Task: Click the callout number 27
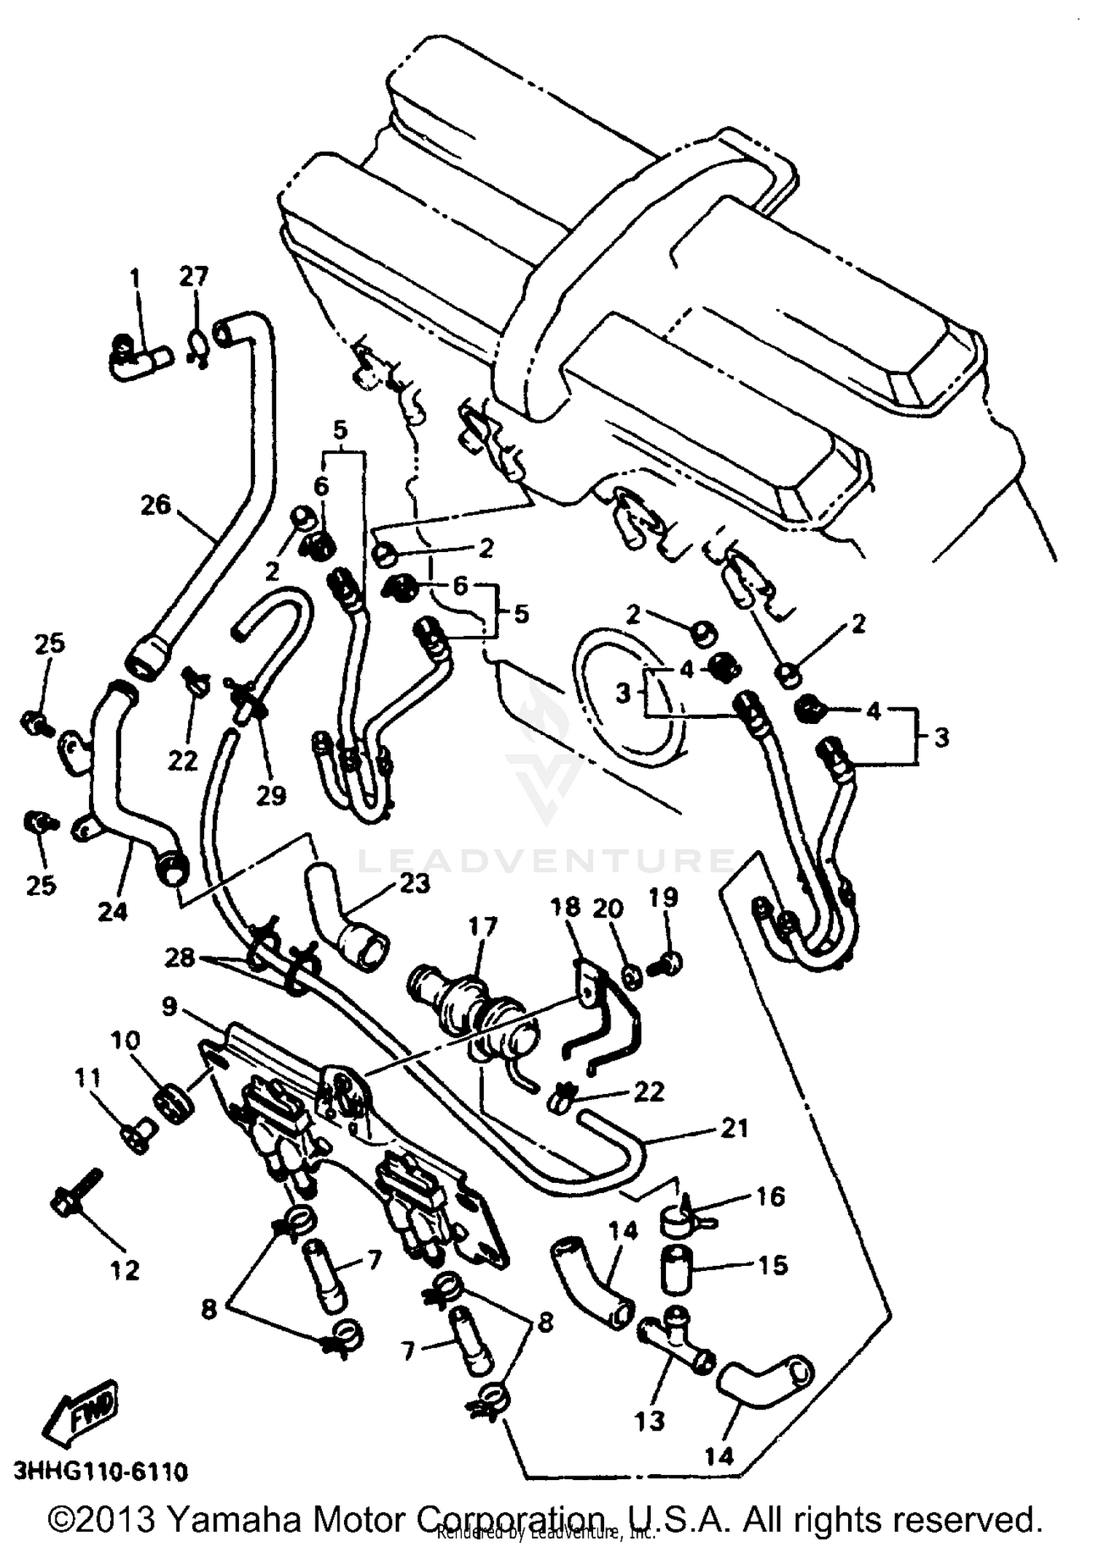pos(194,277)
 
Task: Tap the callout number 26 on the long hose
pos(155,505)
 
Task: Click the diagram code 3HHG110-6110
pos(100,1471)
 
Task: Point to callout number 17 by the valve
pos(482,926)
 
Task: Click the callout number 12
pos(124,1271)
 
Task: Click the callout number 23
pos(415,883)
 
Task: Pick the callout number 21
pos(734,1128)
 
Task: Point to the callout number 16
pos(770,1197)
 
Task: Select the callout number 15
pos(772,1265)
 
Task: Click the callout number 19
pos(663,898)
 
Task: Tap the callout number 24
pos(112,911)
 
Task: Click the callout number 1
pos(134,277)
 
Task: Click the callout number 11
pos(88,1079)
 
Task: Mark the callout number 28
pos(179,957)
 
